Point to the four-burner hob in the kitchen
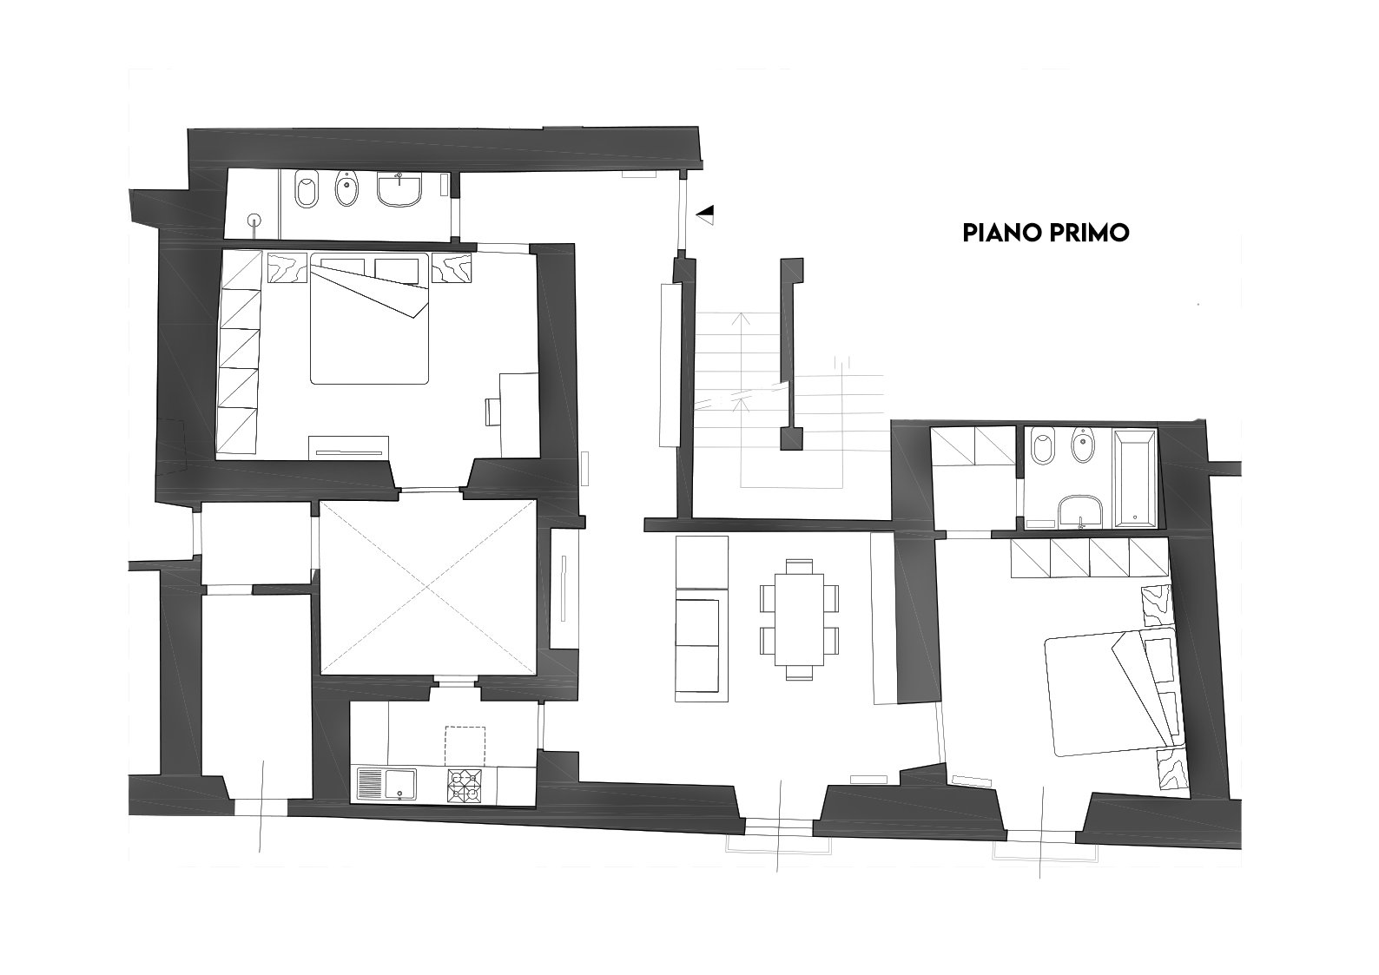click(x=465, y=785)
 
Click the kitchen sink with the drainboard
click(x=386, y=785)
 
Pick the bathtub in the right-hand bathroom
click(x=1135, y=478)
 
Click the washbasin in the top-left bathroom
click(x=399, y=188)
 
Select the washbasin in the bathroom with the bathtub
click(x=1079, y=511)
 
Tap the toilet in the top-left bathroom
click(x=307, y=188)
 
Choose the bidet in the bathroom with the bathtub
click(x=1082, y=445)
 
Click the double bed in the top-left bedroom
click(x=369, y=318)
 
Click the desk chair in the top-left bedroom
click(x=492, y=412)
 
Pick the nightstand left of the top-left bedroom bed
click(x=287, y=267)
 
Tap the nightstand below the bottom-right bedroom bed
click(x=1171, y=768)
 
